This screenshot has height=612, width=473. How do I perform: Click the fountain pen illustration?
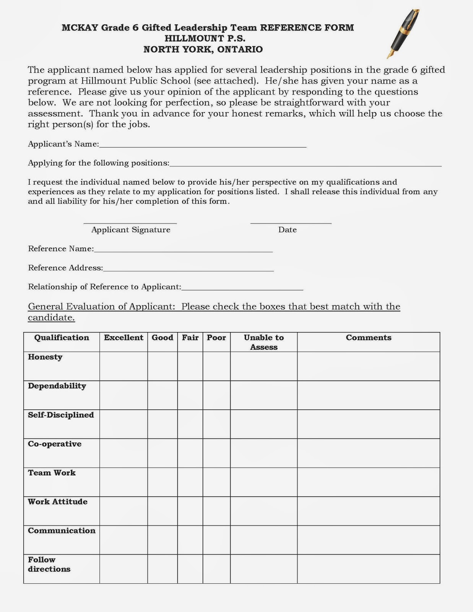pos(403,34)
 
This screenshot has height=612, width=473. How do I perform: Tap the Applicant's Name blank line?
pos(203,145)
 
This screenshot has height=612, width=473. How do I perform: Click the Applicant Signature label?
pos(131,229)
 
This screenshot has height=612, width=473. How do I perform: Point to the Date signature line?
pos(291,222)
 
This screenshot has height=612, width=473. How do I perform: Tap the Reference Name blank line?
pos(183,250)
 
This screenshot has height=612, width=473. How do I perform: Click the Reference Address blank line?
pos(188,269)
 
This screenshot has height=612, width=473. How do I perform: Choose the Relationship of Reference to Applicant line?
pos(242,288)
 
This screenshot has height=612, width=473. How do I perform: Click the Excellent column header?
pos(124,338)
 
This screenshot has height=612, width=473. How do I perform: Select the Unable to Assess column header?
pos(264,342)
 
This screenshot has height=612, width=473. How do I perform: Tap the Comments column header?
pos(369,338)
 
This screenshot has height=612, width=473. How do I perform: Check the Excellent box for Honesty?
pos(124,366)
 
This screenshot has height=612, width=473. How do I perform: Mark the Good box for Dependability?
pos(163,395)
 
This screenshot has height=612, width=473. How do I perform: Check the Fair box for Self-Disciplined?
pos(190,424)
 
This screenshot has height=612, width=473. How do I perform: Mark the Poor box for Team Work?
pos(216,482)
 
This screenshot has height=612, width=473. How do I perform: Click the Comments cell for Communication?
pos(369,540)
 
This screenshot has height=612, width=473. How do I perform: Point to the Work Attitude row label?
pos(58,502)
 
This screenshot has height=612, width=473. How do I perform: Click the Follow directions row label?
pos(49,564)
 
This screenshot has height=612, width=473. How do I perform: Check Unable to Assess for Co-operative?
pos(264,453)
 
